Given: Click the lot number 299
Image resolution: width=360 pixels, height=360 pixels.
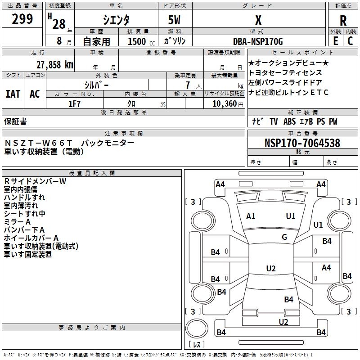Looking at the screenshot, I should [x=22, y=19].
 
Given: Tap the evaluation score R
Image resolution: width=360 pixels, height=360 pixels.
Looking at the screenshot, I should [x=343, y=20].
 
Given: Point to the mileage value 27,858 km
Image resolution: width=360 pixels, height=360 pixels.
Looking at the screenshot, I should [x=52, y=64].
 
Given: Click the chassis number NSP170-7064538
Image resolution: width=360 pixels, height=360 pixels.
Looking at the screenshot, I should [x=302, y=143].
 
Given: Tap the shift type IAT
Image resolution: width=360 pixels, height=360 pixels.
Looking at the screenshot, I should [x=13, y=94].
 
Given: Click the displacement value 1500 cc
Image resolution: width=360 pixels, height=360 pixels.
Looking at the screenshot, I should [x=138, y=41].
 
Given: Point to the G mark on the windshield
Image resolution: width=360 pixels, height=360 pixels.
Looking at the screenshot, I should [x=284, y=237].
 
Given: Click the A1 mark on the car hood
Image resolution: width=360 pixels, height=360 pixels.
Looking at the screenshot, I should [x=251, y=216].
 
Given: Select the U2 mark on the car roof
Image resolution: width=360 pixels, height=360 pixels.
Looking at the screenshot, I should [x=270, y=269].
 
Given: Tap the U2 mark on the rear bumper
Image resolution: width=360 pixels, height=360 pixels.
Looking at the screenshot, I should [x=283, y=322].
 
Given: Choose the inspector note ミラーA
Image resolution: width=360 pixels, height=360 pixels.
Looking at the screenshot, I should [x=17, y=221].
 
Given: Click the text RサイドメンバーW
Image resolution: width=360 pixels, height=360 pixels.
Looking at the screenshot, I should [x=35, y=181].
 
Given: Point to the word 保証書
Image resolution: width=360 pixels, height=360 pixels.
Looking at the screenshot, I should [x=15, y=121].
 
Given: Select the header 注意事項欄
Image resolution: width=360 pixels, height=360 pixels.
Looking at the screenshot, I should [x=123, y=134].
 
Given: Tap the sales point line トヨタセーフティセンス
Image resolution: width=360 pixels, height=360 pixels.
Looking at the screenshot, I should [x=285, y=72].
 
